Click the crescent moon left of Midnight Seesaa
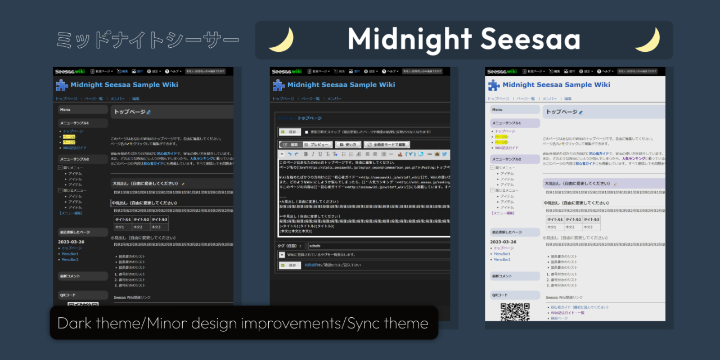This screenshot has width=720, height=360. (x=281, y=39)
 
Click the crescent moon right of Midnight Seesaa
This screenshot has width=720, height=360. (x=647, y=39)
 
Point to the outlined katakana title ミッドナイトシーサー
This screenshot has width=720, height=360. (x=148, y=39)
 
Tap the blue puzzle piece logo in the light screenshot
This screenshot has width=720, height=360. (x=493, y=85)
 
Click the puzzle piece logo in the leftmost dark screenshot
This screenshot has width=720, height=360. (x=61, y=85)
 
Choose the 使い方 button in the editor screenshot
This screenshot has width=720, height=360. (x=347, y=145)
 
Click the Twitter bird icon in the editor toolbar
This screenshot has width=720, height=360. (x=444, y=154)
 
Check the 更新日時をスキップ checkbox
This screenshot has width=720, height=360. (x=306, y=132)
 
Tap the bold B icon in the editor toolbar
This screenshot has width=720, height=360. (x=306, y=154)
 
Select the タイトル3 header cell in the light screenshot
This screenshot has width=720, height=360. (x=591, y=219)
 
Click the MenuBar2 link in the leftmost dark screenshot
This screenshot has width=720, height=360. (x=70, y=259)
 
